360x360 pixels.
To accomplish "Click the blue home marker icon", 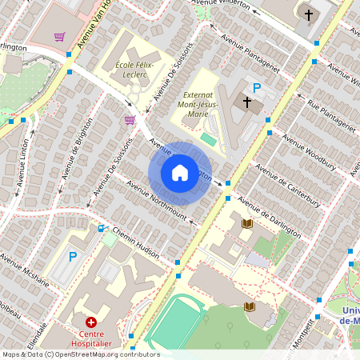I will (x=180, y=173).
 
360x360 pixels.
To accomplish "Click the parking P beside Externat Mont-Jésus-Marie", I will (x=257, y=88).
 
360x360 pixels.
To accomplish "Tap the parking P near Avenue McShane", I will (x=73, y=257).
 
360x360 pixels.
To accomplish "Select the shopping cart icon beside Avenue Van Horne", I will (x=59, y=37).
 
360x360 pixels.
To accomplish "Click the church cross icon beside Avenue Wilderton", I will (x=309, y=14).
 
